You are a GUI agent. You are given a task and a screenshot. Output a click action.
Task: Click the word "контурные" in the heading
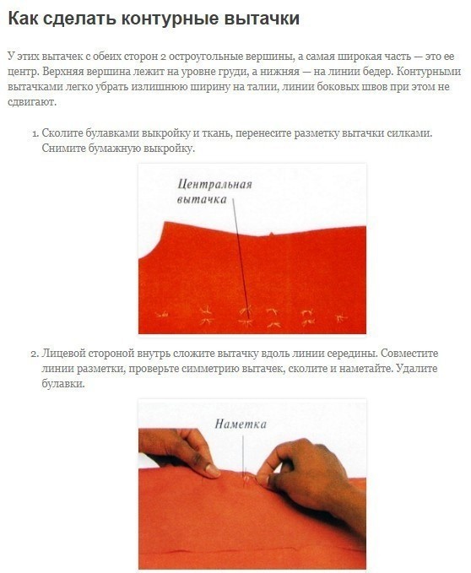point(169,19)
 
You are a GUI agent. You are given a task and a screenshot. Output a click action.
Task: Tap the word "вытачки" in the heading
point(262,19)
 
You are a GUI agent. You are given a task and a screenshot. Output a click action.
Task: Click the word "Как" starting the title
point(23,19)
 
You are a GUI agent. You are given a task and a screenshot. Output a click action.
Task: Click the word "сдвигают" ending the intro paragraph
point(31,102)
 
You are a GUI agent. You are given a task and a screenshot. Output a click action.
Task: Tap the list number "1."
point(35,133)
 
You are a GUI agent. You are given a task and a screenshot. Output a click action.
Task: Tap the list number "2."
point(35,354)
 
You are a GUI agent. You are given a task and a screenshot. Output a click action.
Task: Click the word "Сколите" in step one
point(62,133)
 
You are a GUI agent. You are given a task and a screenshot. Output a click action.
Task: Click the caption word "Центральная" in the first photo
point(215,184)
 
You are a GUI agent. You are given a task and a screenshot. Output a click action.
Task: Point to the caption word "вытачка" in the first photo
point(202,199)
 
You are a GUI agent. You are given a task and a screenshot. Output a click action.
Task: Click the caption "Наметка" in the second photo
point(241,424)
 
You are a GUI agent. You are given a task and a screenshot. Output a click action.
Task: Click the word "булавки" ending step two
point(62,384)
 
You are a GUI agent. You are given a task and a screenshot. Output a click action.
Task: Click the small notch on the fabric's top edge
point(271,233)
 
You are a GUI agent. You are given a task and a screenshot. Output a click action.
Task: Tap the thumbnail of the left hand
point(213,470)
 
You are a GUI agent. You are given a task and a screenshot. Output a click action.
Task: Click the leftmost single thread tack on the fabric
point(162,314)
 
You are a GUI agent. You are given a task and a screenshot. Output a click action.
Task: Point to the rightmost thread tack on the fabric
point(341,318)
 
